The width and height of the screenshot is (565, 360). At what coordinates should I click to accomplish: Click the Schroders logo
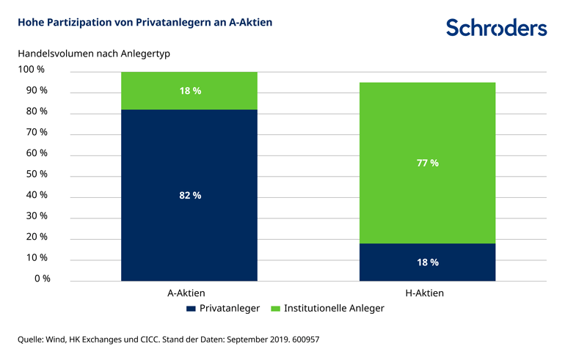coord(496,28)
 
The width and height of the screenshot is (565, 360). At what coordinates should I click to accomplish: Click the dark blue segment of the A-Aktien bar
coord(189,220)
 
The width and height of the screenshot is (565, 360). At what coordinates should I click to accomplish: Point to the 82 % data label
coord(190,195)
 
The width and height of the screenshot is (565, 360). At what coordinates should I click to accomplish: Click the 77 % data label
coord(428,163)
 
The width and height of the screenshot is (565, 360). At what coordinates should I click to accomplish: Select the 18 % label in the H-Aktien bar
coord(428,262)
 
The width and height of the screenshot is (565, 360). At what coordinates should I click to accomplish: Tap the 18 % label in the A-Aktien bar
coord(190,90)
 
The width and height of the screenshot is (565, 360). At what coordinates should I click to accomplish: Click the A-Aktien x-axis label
coord(187,293)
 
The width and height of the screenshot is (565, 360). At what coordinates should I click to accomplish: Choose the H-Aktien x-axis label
coord(425,293)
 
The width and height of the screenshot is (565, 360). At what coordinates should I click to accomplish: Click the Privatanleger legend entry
coord(223,309)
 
